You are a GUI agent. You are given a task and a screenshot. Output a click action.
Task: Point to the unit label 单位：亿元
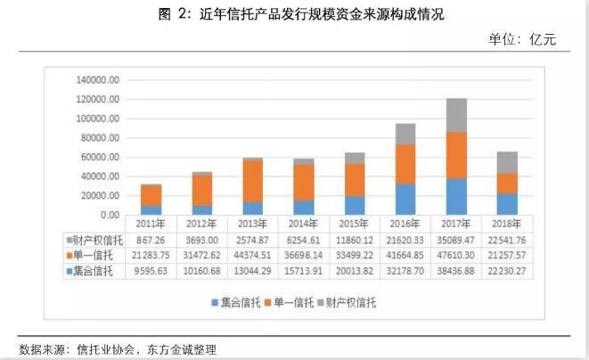click(x=528, y=39)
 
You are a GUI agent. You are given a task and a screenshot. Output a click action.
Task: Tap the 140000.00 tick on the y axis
click(x=98, y=80)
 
